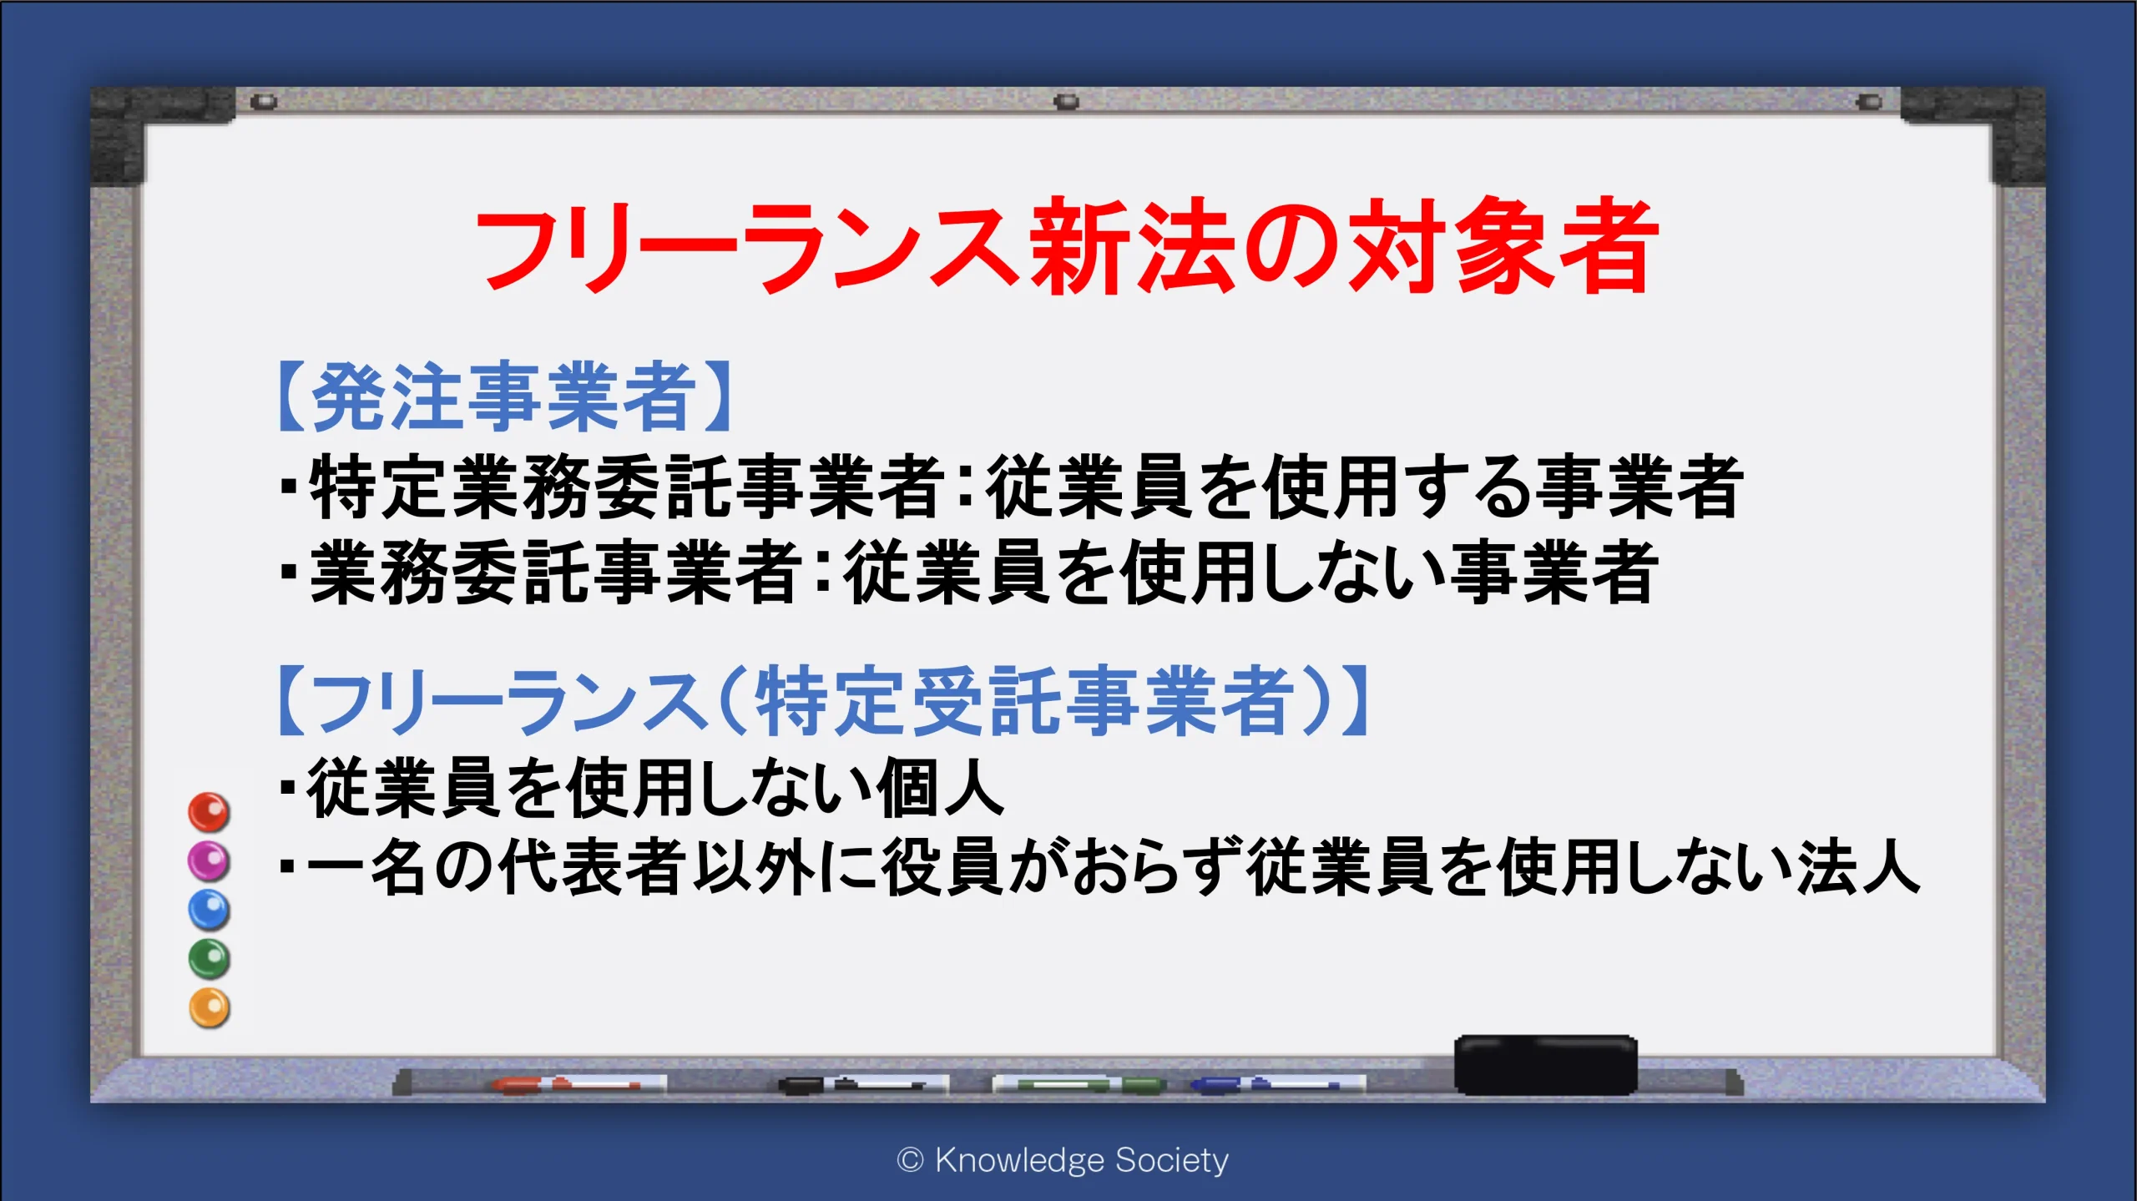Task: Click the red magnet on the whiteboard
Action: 209,812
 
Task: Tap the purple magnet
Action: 209,860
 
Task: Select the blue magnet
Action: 209,910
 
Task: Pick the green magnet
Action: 209,959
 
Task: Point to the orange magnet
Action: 209,1008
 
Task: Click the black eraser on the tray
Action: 1546,1065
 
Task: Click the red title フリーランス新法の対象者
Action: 1067,246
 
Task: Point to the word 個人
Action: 940,787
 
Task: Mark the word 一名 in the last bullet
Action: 367,867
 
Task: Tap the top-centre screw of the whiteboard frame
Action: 1066,102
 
